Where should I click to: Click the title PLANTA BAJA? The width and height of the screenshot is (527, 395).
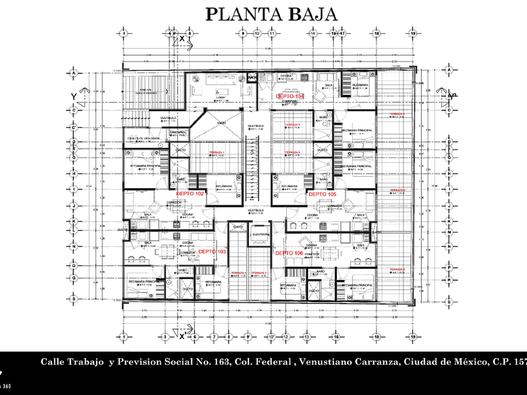(272, 13)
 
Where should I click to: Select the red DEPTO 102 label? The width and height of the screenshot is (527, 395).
(190, 194)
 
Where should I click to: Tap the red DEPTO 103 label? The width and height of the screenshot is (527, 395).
(211, 251)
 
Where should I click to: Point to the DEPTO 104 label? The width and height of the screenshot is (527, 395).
(290, 96)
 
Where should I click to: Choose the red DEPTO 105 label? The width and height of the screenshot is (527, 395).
(322, 194)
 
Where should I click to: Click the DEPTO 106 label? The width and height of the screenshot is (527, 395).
(289, 252)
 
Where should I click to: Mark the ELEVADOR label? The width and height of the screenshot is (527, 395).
(260, 234)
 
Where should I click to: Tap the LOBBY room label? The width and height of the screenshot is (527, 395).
(221, 98)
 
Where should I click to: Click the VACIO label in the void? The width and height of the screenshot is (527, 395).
(221, 123)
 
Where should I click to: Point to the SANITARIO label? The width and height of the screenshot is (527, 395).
(178, 132)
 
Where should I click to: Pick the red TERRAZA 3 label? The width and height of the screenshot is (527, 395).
(292, 125)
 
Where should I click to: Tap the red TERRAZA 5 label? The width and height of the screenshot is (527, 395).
(292, 152)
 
